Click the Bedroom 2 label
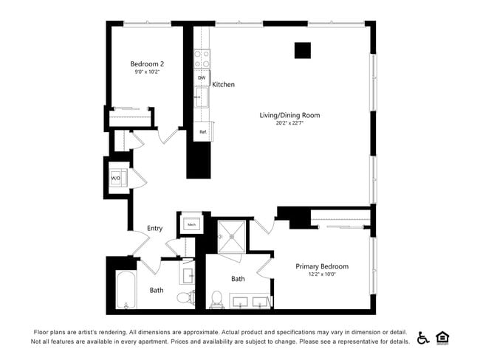coord(147,64)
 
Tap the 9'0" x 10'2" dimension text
coord(147,73)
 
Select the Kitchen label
coord(223,85)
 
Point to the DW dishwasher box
coord(202,77)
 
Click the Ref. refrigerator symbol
coord(202,132)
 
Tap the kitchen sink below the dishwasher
coord(201,97)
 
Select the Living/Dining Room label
coord(289,115)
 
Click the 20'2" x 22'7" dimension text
coord(289,124)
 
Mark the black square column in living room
coord(302,50)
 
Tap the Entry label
coord(154,229)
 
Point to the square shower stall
coord(235,235)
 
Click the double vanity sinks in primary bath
coord(250,301)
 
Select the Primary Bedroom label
coord(322,266)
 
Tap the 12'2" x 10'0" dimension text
coord(322,275)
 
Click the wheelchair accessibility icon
coord(423,337)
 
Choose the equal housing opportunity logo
coord(443,337)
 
